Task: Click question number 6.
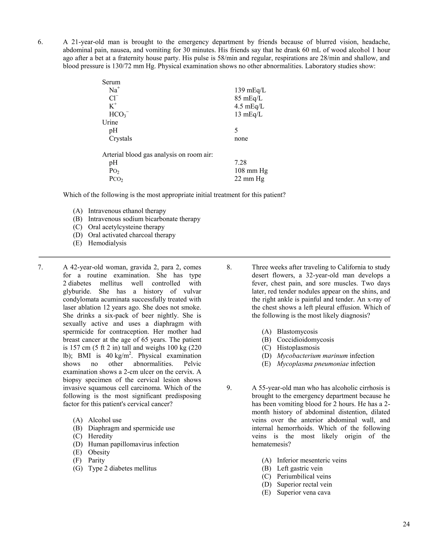pyautogui.click(x=40, y=42)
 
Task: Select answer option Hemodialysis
pyautogui.click(x=107, y=243)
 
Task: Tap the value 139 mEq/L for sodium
pyautogui.click(x=250, y=90)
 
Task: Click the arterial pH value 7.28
pyautogui.click(x=240, y=163)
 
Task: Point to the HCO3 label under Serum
pyautogui.click(x=118, y=115)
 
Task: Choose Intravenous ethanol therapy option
pyautogui.click(x=127, y=211)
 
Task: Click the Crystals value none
pyautogui.click(x=241, y=138)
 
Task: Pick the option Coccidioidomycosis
pyautogui.click(x=305, y=340)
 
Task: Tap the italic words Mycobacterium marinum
pyautogui.click(x=312, y=356)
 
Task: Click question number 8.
pyautogui.click(x=229, y=267)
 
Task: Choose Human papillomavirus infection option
pyautogui.click(x=133, y=444)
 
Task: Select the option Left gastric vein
pyautogui.click(x=299, y=468)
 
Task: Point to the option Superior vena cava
pyautogui.click(x=303, y=492)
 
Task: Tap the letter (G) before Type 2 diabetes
pyautogui.click(x=78, y=468)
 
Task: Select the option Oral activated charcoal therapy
pyautogui.click(x=132, y=235)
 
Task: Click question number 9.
pyautogui.click(x=229, y=388)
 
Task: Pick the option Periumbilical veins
pyautogui.click(x=304, y=476)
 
